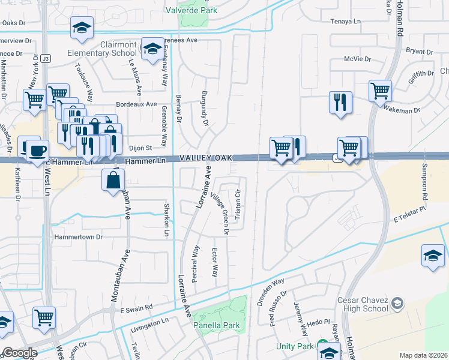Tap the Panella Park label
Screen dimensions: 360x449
pos(217,326)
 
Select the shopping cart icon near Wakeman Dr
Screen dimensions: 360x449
pos(381,91)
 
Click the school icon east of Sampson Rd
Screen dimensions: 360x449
pos(433,256)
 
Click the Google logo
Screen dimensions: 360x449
pos(19,353)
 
